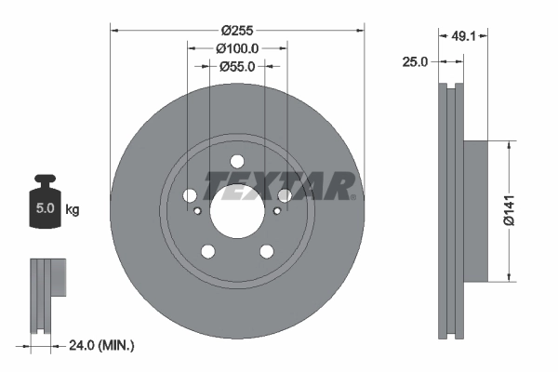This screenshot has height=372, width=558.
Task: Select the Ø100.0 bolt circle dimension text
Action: coord(237,47)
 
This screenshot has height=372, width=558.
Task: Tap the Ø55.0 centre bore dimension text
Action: coord(237,66)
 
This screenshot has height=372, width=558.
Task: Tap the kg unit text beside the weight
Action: coord(73,210)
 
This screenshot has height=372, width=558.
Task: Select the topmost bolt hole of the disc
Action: coord(236,160)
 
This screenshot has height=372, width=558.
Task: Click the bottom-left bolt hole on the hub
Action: coord(207,251)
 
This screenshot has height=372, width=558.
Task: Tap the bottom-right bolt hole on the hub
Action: coord(267,251)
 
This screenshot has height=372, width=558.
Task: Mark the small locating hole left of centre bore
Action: coord(197,211)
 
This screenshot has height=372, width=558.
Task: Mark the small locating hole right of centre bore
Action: coord(277,211)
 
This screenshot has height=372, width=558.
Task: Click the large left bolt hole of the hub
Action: coord(190,195)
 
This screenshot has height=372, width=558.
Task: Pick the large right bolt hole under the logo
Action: coord(285,195)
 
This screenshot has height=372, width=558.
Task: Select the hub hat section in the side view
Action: coord(474,211)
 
